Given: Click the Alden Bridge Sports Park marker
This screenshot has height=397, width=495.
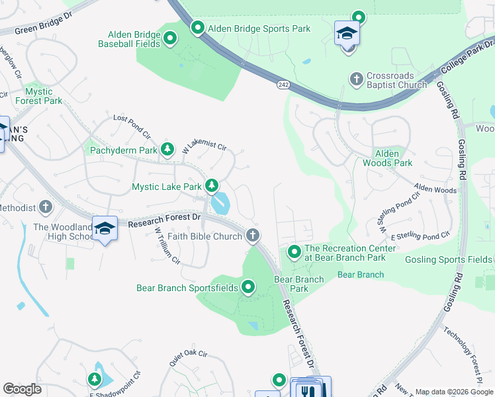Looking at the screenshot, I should (x=198, y=28).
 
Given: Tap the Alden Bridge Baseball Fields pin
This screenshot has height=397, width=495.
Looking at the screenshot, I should (x=170, y=38).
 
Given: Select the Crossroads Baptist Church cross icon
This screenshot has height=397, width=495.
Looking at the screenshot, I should (x=357, y=79).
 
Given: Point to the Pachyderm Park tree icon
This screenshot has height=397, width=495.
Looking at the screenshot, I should (x=167, y=150).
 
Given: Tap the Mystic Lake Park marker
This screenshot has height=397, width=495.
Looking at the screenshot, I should (x=212, y=186).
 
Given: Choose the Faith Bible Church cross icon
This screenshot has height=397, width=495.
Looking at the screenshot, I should (x=252, y=235).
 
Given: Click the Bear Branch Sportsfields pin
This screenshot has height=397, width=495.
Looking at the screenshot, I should (x=248, y=287).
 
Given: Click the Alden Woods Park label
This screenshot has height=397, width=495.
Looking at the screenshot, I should (x=387, y=158).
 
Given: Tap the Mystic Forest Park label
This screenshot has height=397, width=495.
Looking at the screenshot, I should (x=44, y=96).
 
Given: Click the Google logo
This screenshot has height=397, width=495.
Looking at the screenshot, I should (x=22, y=389).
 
